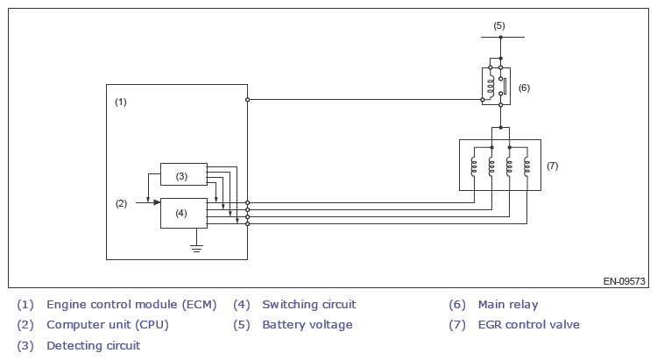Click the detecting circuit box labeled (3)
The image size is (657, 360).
click(183, 174)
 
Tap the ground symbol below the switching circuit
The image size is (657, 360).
click(197, 249)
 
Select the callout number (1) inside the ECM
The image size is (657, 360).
click(121, 102)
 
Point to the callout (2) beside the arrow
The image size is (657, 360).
click(121, 203)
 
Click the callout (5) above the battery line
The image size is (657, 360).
click(499, 25)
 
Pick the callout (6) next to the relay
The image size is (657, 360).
click(524, 88)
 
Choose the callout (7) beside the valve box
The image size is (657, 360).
click(552, 165)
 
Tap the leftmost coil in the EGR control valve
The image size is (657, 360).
click(474, 166)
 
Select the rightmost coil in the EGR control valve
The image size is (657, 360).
click(526, 166)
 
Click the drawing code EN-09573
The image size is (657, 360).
click(624, 282)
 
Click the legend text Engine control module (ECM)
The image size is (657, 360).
click(131, 305)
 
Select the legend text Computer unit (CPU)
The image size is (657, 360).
click(107, 325)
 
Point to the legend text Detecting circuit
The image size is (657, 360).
click(93, 345)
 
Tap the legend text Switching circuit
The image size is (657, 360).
click(308, 305)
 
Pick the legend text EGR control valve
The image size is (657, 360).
click(528, 325)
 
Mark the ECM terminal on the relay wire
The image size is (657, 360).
click(247, 99)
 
